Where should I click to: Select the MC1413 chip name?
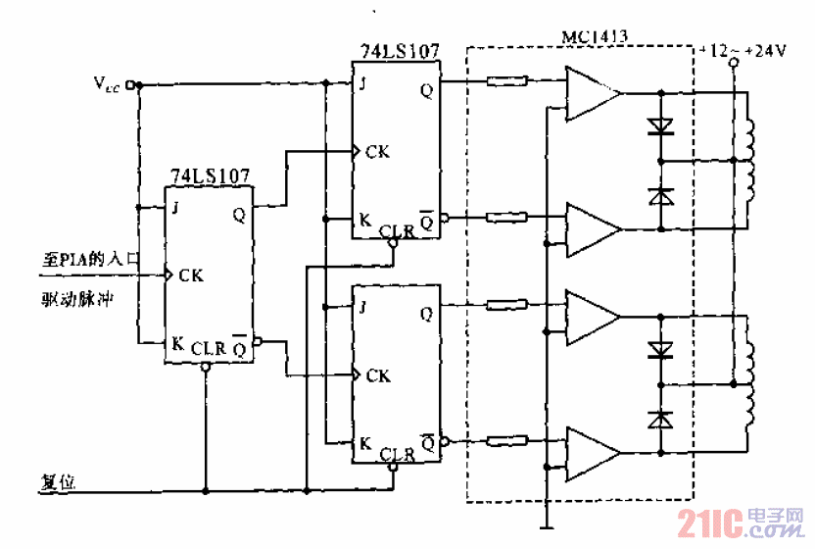pos(595,37)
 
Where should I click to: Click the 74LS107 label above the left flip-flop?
pos(210,176)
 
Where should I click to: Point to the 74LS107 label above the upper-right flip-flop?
pos(398,50)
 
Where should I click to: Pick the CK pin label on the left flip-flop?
pos(190,276)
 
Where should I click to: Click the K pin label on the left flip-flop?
pos(177,344)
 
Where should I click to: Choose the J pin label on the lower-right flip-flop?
pos(363,306)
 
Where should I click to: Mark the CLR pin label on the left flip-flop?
pos(209,347)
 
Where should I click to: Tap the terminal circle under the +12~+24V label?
pos(733,64)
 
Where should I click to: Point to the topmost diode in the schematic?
pos(660,125)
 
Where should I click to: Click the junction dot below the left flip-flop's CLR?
pos(205,489)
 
